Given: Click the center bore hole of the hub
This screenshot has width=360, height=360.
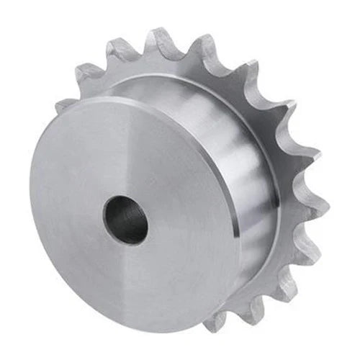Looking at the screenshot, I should pos(125,220).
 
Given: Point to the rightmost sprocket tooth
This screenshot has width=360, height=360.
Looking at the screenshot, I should pos(318,210).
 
